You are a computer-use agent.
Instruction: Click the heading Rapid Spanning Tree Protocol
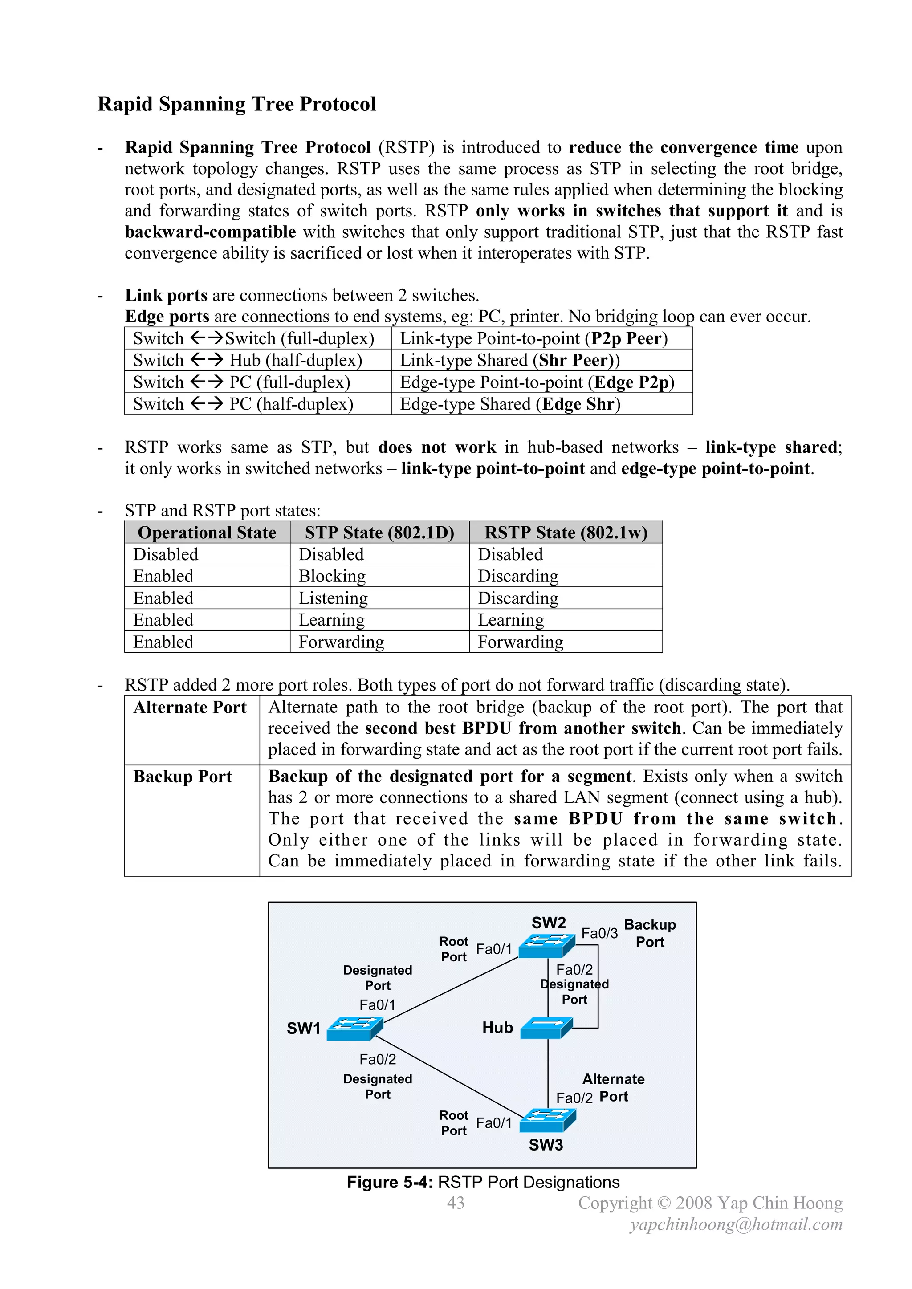236,105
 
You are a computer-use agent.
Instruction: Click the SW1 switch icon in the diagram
354,1028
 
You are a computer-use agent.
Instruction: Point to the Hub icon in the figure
546,1028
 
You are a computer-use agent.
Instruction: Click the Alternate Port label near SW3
613,1087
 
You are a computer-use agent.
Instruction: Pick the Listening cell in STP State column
333,598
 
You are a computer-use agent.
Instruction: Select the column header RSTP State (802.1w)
566,532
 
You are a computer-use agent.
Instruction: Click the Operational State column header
207,532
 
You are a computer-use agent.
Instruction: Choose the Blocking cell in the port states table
332,576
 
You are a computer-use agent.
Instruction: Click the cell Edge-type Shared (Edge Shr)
510,404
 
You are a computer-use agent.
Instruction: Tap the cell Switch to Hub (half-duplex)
248,360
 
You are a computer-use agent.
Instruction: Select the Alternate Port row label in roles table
190,708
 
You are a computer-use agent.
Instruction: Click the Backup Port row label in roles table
183,777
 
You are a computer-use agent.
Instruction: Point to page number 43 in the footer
456,1203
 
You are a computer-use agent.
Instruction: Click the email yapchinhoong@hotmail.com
736,1224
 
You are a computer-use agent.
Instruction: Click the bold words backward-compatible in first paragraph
210,232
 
